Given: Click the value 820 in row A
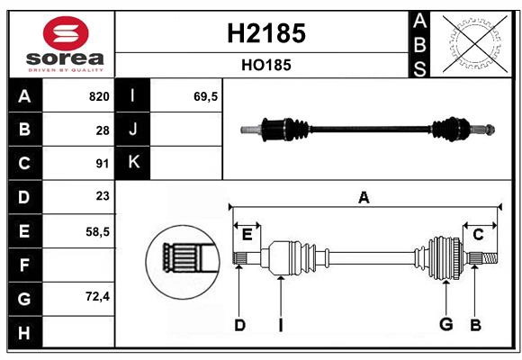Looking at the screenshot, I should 98,96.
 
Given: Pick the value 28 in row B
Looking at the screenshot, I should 102,130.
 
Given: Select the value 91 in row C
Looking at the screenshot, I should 102,164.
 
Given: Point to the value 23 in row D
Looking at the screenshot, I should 102,197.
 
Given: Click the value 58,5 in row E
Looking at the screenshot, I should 97,231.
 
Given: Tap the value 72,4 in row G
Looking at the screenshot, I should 97,296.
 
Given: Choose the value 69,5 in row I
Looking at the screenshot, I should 206,96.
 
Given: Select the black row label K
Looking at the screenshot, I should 133,163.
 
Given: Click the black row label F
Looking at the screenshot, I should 23,265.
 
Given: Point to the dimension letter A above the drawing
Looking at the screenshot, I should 364,197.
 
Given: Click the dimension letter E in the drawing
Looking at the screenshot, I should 247,235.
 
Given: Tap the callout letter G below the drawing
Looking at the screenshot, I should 445,324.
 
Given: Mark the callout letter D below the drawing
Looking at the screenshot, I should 239,325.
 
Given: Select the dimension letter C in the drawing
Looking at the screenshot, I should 478,235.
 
